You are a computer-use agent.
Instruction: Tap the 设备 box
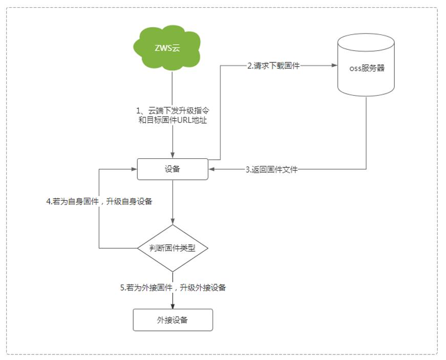tap(173, 170)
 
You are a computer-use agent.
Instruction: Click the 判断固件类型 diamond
tap(173, 248)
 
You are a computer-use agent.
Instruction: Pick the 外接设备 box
tap(173, 320)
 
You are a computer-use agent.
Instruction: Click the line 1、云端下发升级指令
tap(173, 111)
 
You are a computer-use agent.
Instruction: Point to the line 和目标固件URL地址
tap(173, 121)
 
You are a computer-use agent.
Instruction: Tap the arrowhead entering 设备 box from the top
tap(173, 156)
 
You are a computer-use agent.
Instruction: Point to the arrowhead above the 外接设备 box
tap(173, 306)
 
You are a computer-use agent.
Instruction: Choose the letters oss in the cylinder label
tap(355, 68)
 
